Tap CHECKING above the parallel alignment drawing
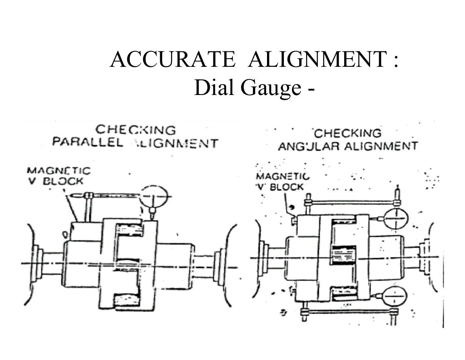click(135, 130)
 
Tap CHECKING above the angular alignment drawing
click(348, 133)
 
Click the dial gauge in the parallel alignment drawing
click(153, 196)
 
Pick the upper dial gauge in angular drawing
click(396, 220)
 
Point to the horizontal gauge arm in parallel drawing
click(114, 195)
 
